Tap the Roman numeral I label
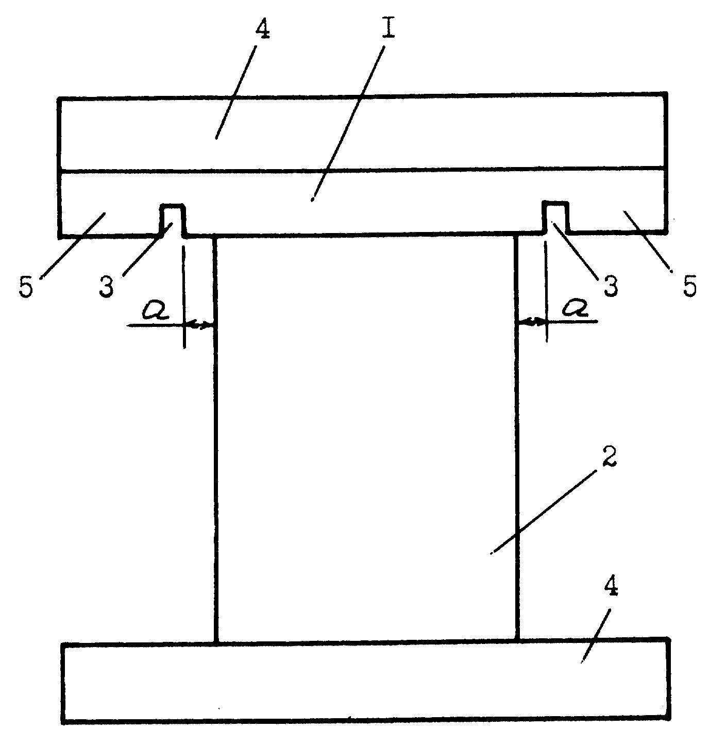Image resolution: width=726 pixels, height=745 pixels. point(388,25)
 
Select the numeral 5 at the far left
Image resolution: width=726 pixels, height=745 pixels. point(26,288)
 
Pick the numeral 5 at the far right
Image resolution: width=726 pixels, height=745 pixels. point(690,285)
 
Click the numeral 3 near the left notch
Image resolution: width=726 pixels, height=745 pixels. point(107,287)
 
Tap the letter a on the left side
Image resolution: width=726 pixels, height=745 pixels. point(156,310)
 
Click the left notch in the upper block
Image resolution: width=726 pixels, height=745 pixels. point(173,220)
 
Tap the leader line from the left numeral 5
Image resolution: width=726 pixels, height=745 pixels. point(73,245)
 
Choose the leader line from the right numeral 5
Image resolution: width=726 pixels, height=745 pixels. point(647,241)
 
